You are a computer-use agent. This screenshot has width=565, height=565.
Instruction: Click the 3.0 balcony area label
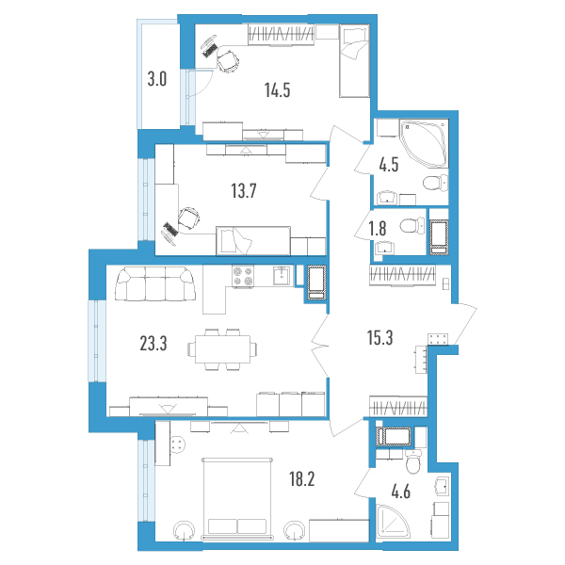157,79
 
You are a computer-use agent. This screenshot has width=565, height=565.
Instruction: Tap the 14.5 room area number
278,90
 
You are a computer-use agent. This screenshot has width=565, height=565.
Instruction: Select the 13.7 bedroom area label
244,190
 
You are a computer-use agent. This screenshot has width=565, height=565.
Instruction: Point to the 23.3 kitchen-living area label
153,344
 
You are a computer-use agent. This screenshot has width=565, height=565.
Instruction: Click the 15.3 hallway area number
379,338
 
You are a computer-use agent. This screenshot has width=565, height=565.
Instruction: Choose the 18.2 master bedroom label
302,479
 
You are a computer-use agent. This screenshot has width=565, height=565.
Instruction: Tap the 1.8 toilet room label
378,229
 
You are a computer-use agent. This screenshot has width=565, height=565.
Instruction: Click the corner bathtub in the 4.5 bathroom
424,144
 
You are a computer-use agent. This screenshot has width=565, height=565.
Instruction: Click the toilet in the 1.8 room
412,226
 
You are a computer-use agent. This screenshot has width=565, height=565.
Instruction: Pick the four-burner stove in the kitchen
243,276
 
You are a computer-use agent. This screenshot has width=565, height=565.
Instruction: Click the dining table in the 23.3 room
222,349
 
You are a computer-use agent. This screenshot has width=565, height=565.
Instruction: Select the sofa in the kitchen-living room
155,283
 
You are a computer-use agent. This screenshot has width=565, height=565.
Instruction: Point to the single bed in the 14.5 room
355,60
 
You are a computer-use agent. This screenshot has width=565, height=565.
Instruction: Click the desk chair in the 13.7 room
189,218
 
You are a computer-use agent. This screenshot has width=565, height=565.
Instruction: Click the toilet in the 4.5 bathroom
435,183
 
